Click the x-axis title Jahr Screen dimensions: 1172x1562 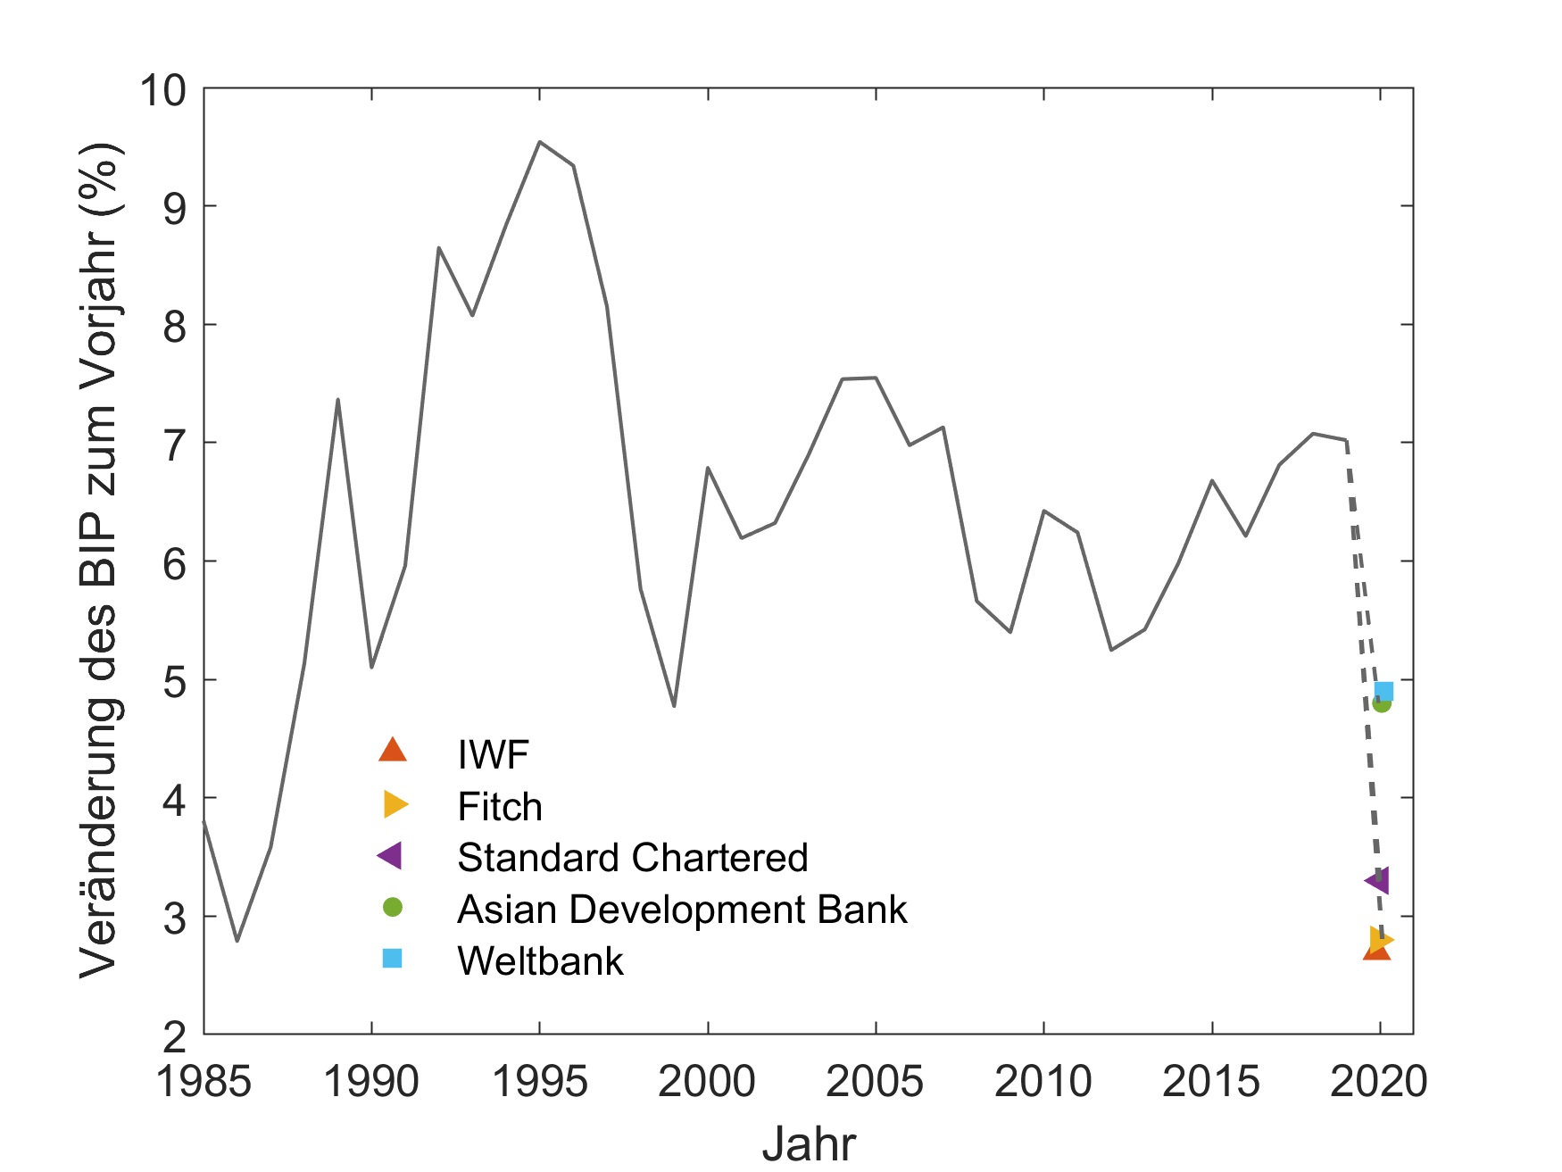pos(809,1143)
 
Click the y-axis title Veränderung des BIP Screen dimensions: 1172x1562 pos(100,561)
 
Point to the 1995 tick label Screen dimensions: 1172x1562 pos(540,1082)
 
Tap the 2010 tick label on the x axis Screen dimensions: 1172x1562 pos(1043,1082)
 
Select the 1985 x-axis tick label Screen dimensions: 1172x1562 pos(204,1082)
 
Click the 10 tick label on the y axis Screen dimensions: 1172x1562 pos(162,90)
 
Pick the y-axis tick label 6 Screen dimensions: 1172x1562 pos(175,562)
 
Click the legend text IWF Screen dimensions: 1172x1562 pos(493,755)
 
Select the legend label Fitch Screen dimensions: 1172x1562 pos(500,807)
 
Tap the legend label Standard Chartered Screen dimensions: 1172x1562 pos(633,858)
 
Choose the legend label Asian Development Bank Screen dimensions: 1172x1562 pos(682,910)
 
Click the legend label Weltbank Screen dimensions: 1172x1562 pos(540,961)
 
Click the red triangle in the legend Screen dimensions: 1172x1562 pos(392,751)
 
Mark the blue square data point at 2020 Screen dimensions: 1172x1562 pos(1383,691)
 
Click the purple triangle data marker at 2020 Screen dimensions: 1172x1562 pos(1378,881)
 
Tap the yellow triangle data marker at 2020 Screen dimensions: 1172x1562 pos(1380,939)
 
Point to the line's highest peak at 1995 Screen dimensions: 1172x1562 pos(540,142)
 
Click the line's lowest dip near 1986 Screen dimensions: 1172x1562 pos(237,941)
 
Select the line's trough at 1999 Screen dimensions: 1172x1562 pos(674,706)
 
